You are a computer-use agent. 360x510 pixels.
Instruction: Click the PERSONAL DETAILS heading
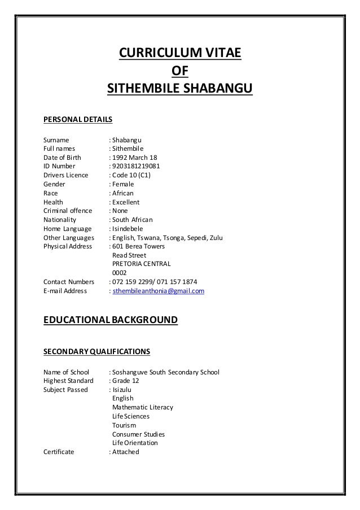[x=78, y=120]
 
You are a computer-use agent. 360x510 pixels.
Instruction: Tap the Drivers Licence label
[x=66, y=176]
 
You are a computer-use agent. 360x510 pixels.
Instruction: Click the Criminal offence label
[x=68, y=211]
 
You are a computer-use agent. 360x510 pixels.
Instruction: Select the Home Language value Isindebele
[x=128, y=229]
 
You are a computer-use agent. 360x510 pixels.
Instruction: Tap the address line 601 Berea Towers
[x=138, y=246]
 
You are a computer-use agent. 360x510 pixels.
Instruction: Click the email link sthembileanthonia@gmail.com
[x=159, y=291]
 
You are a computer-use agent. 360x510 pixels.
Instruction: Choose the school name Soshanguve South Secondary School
[x=166, y=372]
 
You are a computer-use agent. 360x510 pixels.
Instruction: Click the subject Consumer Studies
[x=138, y=434]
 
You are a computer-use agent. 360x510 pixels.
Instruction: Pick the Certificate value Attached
[x=125, y=452]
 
